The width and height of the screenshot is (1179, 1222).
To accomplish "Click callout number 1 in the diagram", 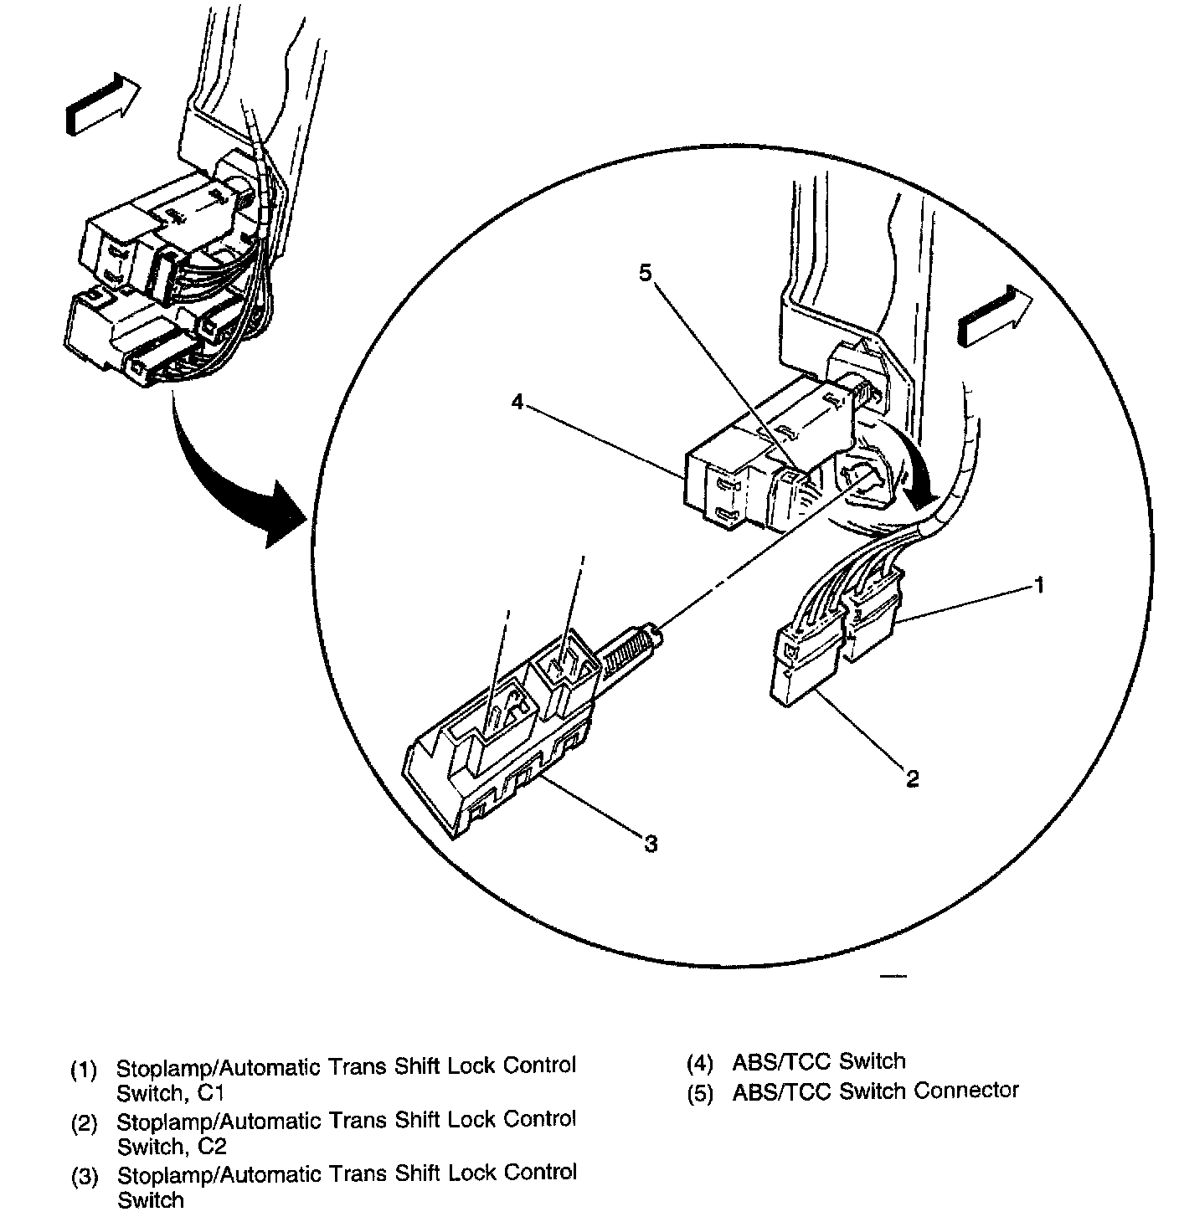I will [1038, 585].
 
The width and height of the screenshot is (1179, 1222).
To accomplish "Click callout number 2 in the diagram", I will [913, 778].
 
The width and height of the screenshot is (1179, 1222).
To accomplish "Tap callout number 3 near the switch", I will [651, 844].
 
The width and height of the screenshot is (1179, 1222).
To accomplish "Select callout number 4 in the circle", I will [517, 403].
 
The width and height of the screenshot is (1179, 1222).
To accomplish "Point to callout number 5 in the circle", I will [645, 274].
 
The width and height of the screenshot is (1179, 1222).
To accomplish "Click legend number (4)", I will [700, 1063].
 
